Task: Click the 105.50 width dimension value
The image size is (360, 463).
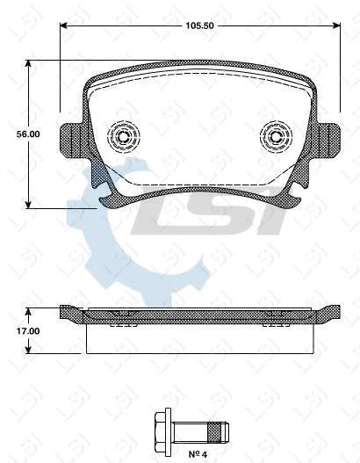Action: (x=199, y=26)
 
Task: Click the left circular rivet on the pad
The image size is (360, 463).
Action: (x=121, y=136)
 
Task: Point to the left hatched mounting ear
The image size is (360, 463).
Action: (x=71, y=138)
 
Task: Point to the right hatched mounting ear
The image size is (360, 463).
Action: (x=328, y=138)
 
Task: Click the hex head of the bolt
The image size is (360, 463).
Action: (x=163, y=430)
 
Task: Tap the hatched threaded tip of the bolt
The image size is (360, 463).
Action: (x=218, y=430)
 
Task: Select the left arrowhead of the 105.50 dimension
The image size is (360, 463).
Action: (x=63, y=26)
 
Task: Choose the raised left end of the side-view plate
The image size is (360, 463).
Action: (x=67, y=309)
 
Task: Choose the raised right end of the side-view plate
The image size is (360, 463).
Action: (x=333, y=309)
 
